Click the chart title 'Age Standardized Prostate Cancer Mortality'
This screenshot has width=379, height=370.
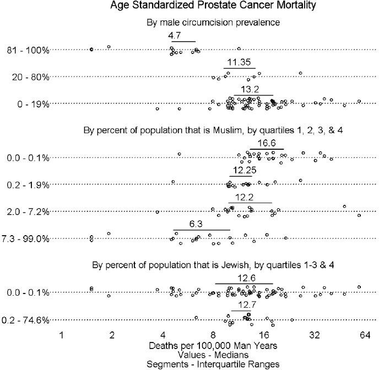pyautogui.click(x=189, y=7)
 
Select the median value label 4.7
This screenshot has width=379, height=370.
pyautogui.click(x=175, y=35)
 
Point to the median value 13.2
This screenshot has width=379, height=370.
pyautogui.click(x=250, y=89)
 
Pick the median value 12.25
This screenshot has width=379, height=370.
pyautogui.click(x=244, y=170)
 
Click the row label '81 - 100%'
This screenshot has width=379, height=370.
pyautogui.click(x=28, y=50)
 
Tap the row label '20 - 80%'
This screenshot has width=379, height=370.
pyautogui.click(x=30, y=77)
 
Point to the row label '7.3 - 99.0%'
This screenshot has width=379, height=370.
pyautogui.click(x=25, y=239)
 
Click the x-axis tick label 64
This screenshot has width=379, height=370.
pyautogui.click(x=364, y=335)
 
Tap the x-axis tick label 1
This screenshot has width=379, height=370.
pyautogui.click(x=62, y=335)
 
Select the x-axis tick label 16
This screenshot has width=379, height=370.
pyautogui.click(x=264, y=335)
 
